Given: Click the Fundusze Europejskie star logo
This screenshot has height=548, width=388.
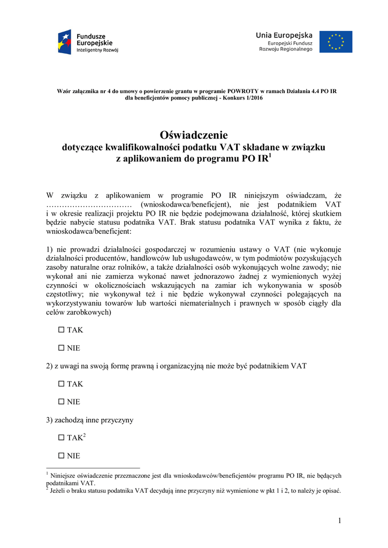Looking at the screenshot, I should click(x=65, y=42).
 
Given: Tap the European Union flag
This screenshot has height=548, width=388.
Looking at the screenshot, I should click(x=336, y=42).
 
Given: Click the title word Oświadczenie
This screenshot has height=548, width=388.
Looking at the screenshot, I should click(x=194, y=135).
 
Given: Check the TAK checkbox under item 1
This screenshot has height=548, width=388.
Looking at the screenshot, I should click(x=61, y=330).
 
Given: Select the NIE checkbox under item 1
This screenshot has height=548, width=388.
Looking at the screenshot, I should click(x=61, y=348).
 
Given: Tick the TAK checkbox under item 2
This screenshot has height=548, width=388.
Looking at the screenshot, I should click(x=61, y=384).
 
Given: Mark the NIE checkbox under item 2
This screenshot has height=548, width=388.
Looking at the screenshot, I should click(x=61, y=402).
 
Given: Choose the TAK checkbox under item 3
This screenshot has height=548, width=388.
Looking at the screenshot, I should click(x=61, y=438).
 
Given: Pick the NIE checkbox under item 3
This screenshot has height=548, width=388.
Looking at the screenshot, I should click(x=61, y=456).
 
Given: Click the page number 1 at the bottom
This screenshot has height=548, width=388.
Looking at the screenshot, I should click(x=339, y=521).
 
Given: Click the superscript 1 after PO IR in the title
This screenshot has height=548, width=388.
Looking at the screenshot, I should click(x=270, y=157).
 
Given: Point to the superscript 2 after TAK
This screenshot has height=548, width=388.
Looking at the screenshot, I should click(x=85, y=436).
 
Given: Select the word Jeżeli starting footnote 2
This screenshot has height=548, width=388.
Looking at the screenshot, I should click(x=60, y=490).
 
